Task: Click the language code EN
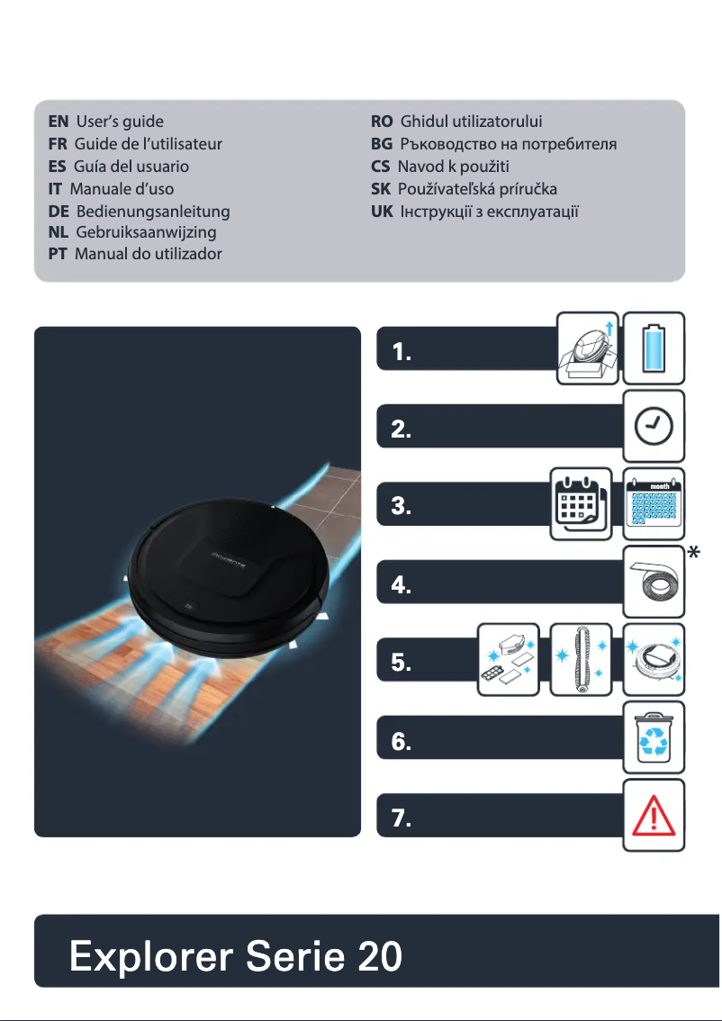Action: pos(59,121)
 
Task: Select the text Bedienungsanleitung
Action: pos(153,212)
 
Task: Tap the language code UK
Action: pos(382,212)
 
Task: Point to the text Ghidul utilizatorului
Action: pos(471,121)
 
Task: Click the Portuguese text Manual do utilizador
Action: pos(148,254)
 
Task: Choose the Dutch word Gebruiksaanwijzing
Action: pos(147,232)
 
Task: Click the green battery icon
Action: pos(654,342)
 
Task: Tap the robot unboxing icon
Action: pos(587,342)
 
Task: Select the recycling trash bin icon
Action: pos(654,737)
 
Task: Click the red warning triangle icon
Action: pos(654,816)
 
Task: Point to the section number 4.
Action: pos(402,586)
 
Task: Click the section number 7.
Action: pos(402,819)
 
